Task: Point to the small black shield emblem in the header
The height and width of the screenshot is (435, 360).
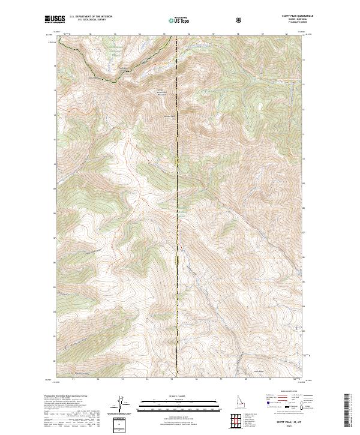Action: tap(239, 20)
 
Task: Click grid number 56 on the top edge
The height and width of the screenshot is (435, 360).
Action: tap(189, 34)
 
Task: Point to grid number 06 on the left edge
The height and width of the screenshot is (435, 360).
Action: tap(55, 262)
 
